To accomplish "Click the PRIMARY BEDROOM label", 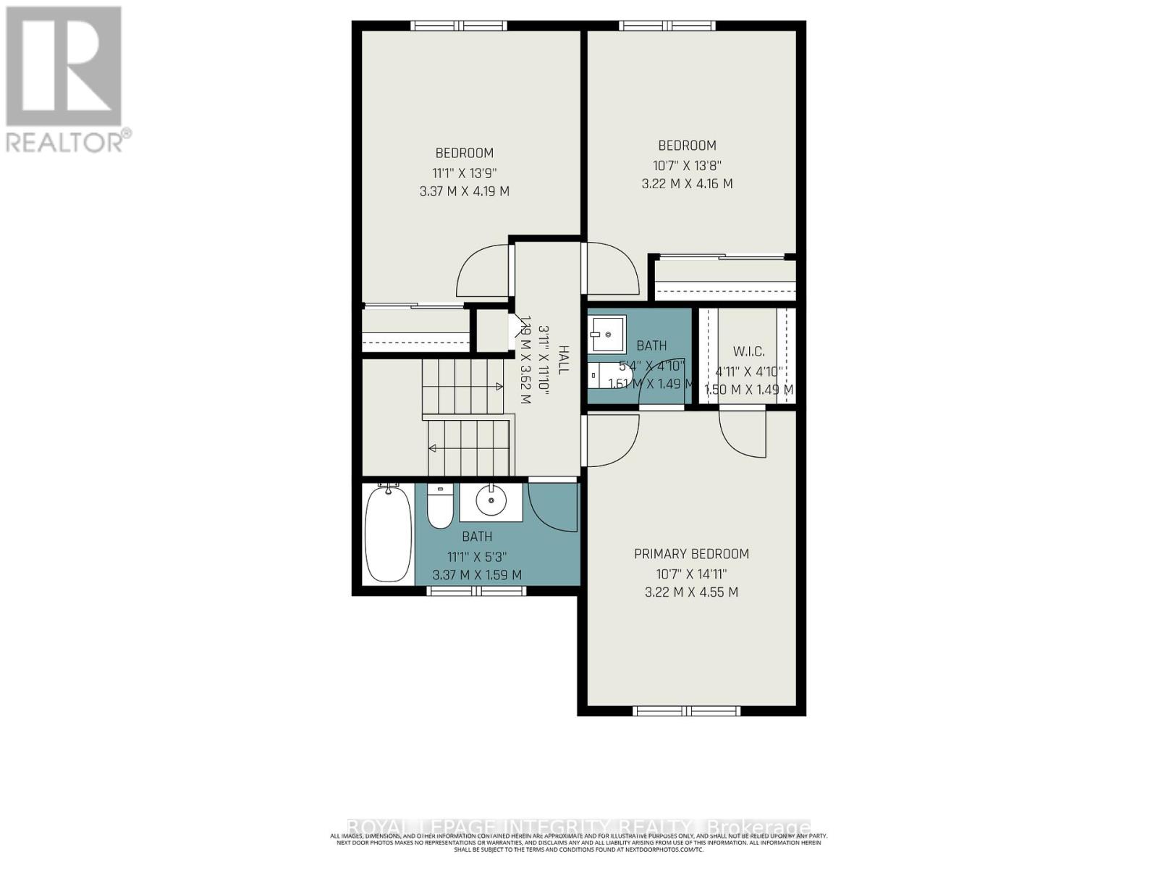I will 691,554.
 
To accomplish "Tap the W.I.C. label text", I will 748,351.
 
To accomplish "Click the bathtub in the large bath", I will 387,534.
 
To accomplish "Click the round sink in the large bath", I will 491,500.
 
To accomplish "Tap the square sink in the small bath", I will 607,334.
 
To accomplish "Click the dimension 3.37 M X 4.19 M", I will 464,192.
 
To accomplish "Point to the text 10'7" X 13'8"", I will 687,165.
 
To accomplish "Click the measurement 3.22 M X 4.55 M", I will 691,592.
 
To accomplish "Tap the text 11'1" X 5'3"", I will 476,557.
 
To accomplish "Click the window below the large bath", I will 476,591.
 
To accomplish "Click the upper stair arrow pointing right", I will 498,387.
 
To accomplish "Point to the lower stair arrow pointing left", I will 434,448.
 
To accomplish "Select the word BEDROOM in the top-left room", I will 464,153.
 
